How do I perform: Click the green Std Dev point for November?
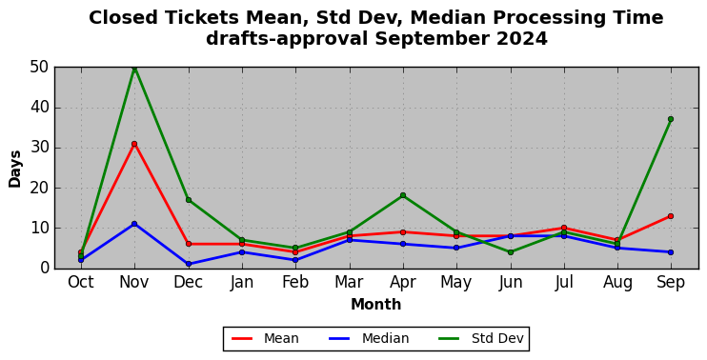coord(134,68)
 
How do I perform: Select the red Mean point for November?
coord(134,144)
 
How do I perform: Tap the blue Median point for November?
coord(134,224)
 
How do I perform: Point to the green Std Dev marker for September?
coord(671,119)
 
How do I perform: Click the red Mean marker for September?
coord(671,216)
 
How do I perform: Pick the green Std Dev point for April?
coord(403,195)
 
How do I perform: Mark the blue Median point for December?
coord(189,264)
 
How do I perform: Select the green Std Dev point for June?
coord(511,252)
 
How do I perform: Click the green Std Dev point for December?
coord(189,200)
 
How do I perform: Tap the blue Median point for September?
coord(671,252)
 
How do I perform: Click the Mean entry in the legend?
coord(265,338)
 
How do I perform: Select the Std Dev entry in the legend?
coord(481,338)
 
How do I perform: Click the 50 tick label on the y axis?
coord(40,68)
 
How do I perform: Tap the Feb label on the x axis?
coord(295,283)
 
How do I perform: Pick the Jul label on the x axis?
coord(564,283)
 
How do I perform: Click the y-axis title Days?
coord(15,169)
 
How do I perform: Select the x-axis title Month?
coord(376,305)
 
